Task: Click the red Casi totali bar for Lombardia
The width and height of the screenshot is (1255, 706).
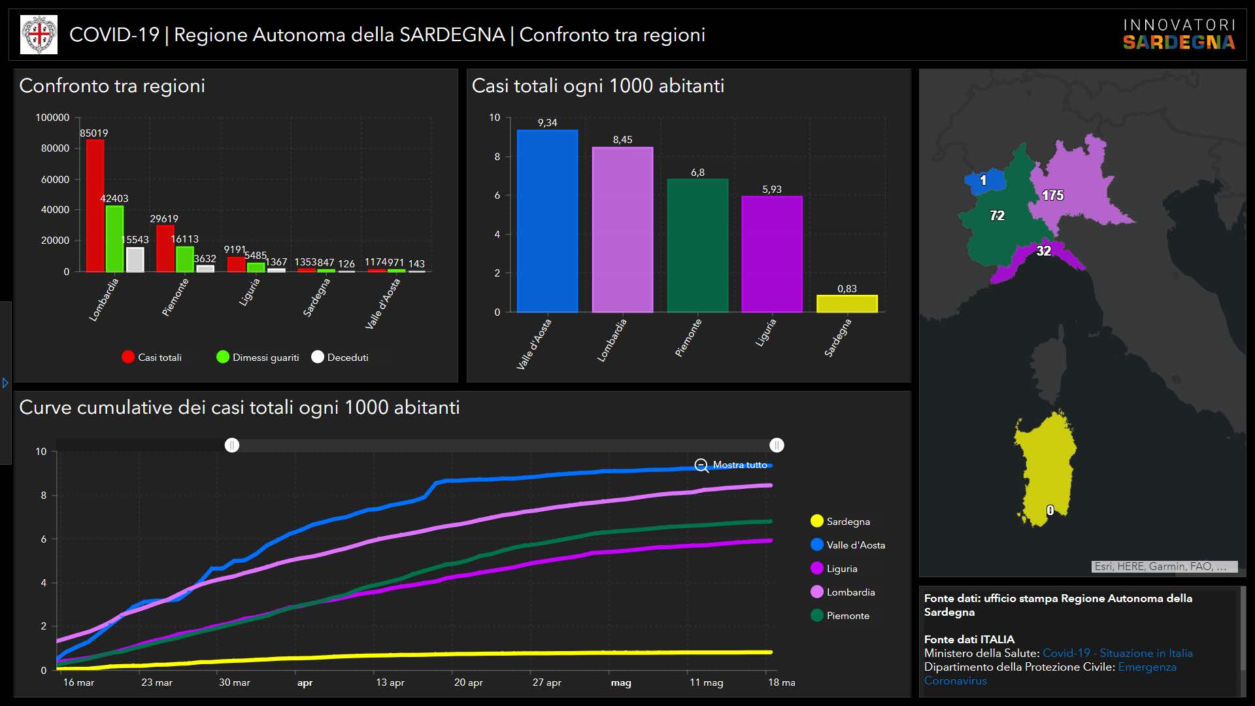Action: (x=95, y=205)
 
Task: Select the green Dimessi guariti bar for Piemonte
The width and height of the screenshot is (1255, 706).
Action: (x=185, y=259)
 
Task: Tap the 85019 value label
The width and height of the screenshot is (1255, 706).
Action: (x=94, y=133)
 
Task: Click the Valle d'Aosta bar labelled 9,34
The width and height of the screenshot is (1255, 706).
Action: (x=547, y=221)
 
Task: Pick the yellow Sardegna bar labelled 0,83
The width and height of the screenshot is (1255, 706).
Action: (x=846, y=304)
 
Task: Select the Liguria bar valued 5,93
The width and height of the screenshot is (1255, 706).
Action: (x=771, y=254)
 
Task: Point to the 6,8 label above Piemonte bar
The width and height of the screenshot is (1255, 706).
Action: (x=697, y=173)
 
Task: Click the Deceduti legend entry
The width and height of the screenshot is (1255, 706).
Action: (x=340, y=357)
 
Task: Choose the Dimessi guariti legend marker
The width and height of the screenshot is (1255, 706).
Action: (x=223, y=357)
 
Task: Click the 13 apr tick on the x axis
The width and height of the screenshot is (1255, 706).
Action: (x=390, y=682)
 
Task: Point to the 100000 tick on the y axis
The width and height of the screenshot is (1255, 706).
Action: (x=52, y=118)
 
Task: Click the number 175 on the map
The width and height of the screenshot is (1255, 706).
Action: (x=1052, y=195)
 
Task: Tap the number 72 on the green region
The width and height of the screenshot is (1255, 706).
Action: (x=997, y=216)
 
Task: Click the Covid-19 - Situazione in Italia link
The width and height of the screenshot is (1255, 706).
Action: (x=1117, y=653)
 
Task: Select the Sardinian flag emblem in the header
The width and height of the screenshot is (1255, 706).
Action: (x=39, y=35)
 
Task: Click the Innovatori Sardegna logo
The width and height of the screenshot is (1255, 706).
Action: (x=1179, y=35)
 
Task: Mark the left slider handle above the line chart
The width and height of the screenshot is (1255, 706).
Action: (x=232, y=445)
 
